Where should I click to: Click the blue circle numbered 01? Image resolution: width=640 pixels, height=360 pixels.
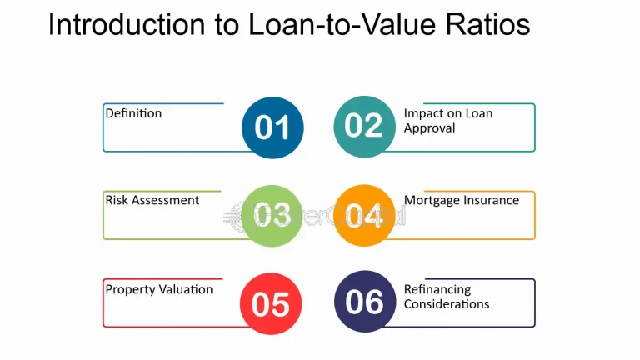(272, 127)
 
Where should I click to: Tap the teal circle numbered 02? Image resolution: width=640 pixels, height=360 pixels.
(364, 126)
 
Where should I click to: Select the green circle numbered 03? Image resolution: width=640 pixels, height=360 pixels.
(272, 215)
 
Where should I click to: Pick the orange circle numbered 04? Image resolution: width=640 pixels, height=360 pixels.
(364, 215)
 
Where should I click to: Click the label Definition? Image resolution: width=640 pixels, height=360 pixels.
(133, 113)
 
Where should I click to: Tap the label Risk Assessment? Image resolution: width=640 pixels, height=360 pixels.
(152, 201)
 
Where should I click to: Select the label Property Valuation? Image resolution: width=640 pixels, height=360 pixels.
(159, 290)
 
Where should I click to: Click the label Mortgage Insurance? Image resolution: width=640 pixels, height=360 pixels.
(462, 201)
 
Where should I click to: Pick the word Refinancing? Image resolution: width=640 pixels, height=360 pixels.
(437, 290)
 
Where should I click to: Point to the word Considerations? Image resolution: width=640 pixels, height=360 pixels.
(447, 304)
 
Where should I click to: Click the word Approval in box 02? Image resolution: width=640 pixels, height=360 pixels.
(429, 128)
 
